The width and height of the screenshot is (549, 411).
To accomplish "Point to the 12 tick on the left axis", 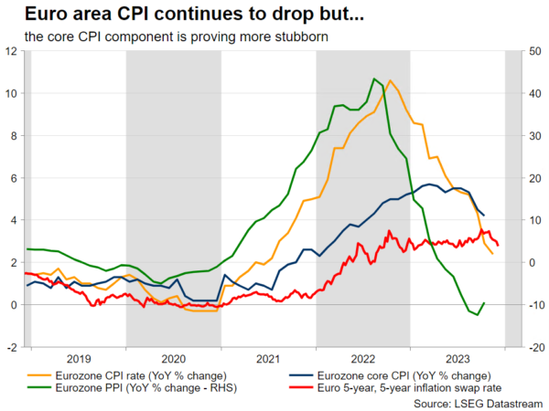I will pyautogui.click(x=10, y=51).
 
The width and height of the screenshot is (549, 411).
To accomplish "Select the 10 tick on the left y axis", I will pyautogui.click(x=10, y=93).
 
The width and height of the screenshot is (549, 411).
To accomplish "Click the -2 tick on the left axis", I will pyautogui.click(x=10, y=347).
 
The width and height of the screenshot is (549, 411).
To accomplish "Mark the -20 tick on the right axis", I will pyautogui.click(x=537, y=347).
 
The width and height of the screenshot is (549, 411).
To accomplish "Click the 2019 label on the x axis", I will pyautogui.click(x=78, y=359).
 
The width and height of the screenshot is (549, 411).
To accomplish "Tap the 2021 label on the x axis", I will pyautogui.click(x=268, y=359).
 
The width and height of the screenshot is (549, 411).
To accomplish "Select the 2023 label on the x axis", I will pyautogui.click(x=458, y=359).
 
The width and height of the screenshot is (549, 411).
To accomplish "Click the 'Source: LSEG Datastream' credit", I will pyautogui.click(x=479, y=402).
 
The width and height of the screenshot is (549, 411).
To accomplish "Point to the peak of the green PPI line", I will pyautogui.click(x=374, y=79).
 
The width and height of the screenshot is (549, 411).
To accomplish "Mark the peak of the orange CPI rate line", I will pyautogui.click(x=391, y=80).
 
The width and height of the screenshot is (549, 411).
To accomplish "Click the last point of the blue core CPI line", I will pyautogui.click(x=484, y=215).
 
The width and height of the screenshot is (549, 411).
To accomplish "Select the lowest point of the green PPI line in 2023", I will pyautogui.click(x=476, y=315).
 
